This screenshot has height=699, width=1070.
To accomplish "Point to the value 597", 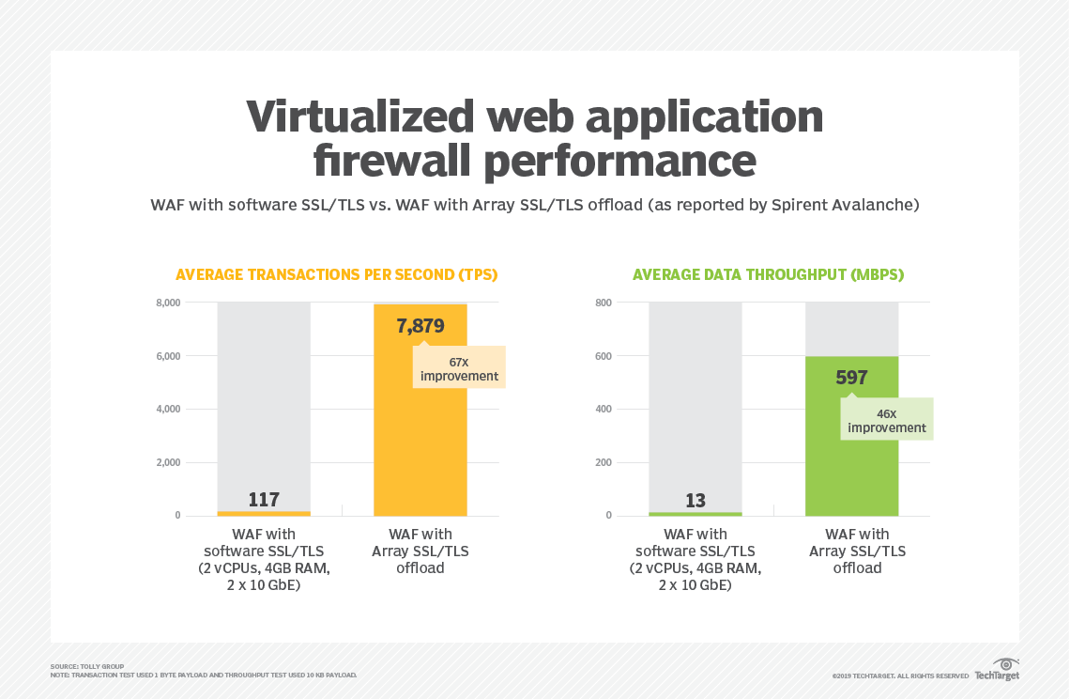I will (x=851, y=378).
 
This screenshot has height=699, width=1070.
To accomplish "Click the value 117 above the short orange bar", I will (x=264, y=500).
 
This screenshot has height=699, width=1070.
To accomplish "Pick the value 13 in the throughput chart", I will (x=695, y=501).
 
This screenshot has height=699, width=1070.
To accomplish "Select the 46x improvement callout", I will (x=887, y=419).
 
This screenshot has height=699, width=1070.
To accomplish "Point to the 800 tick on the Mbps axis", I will (x=603, y=303).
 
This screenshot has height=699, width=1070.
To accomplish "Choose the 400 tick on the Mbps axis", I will (x=603, y=410).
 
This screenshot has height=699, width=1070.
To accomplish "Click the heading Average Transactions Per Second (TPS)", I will (x=336, y=275).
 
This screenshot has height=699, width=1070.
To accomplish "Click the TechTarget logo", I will (x=997, y=671).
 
